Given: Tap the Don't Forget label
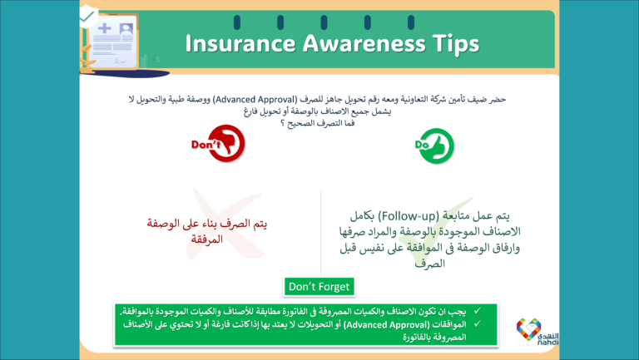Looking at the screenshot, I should pyautogui.click(x=319, y=287).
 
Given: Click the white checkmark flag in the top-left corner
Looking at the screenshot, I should pyautogui.click(x=87, y=14).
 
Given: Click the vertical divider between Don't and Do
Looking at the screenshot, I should pyautogui.click(x=321, y=233).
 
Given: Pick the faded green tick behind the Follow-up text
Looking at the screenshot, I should pyautogui.click(x=416, y=241).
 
